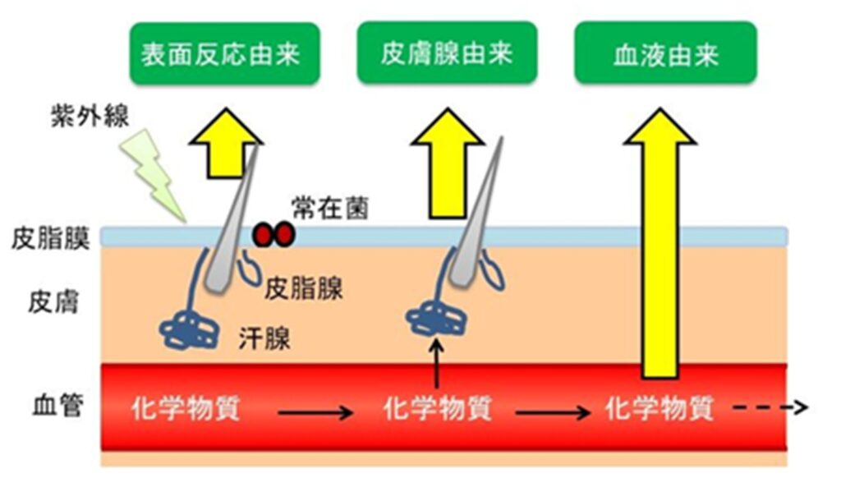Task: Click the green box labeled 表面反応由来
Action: [224, 55]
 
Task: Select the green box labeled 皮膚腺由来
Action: [447, 53]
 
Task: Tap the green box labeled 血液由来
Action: [664, 55]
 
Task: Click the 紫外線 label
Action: [86, 117]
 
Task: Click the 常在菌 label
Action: [329, 208]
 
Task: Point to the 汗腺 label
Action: [265, 337]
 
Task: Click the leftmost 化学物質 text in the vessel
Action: [185, 408]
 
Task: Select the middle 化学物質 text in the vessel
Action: [437, 408]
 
